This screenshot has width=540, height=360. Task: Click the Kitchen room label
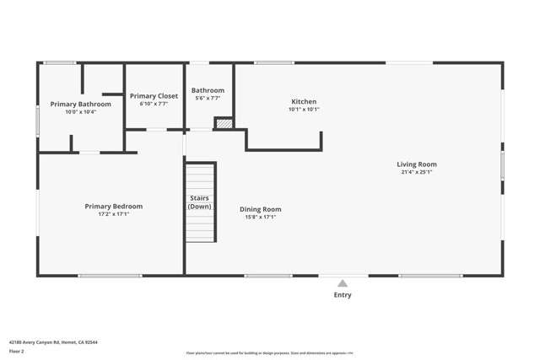coord(304,101)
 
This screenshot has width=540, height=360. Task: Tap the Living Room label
coord(417,164)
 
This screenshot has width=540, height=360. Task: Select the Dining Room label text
coord(260,209)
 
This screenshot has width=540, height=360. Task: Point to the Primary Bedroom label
coord(113,206)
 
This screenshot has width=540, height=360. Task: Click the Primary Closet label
coord(154,96)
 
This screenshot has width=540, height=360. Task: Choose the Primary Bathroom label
coord(80,104)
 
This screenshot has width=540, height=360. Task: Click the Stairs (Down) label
coord(200,202)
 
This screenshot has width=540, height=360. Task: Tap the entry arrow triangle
coord(343,283)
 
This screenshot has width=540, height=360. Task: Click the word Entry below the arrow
coord(343,295)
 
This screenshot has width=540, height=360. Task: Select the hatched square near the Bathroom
coord(224,123)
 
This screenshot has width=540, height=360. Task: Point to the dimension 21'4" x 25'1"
coord(417,172)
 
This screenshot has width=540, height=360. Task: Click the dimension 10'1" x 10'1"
coord(304,109)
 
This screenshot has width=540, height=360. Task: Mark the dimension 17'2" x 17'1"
coord(113,214)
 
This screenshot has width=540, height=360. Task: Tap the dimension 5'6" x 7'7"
coord(208,98)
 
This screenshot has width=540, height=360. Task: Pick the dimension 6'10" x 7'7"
coord(154,104)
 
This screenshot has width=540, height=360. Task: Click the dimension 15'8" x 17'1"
coord(260,217)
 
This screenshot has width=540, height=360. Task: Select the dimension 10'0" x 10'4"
coord(80,111)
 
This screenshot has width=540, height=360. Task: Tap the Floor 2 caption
coord(16,352)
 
